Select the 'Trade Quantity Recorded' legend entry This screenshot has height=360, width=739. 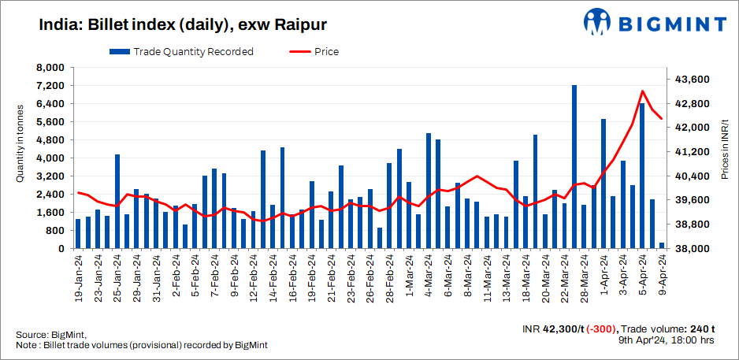pyautogui.click(x=182, y=52)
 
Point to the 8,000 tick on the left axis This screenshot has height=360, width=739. pyautogui.click(x=51, y=68)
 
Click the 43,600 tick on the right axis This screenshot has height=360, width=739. pyautogui.click(x=694, y=80)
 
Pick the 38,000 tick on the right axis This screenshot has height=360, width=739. pyautogui.click(x=694, y=249)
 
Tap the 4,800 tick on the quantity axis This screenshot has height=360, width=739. pyautogui.click(x=51, y=140)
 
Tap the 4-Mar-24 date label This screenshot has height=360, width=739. pyautogui.click(x=429, y=276)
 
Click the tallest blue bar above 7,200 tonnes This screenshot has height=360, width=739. pyautogui.click(x=574, y=166)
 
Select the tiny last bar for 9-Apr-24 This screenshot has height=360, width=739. pyautogui.click(x=662, y=246)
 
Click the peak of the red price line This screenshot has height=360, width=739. pyautogui.click(x=643, y=91)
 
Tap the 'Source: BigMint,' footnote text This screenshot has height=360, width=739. pyautogui.click(x=50, y=336)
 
